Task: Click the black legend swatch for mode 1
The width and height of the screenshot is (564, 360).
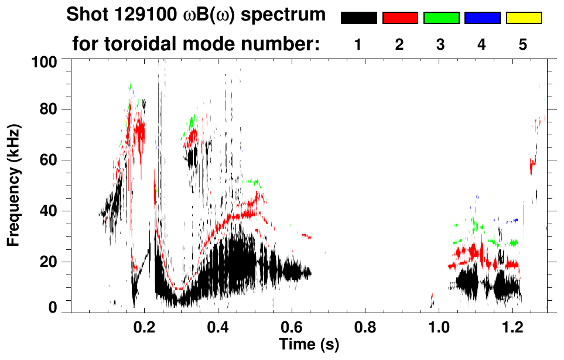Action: [358, 18]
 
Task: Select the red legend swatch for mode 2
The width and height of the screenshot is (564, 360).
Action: [400, 18]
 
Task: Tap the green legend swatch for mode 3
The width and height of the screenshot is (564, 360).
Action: [441, 18]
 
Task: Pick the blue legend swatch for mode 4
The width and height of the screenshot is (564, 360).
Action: [482, 18]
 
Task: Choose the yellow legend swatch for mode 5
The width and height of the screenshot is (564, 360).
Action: [524, 18]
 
